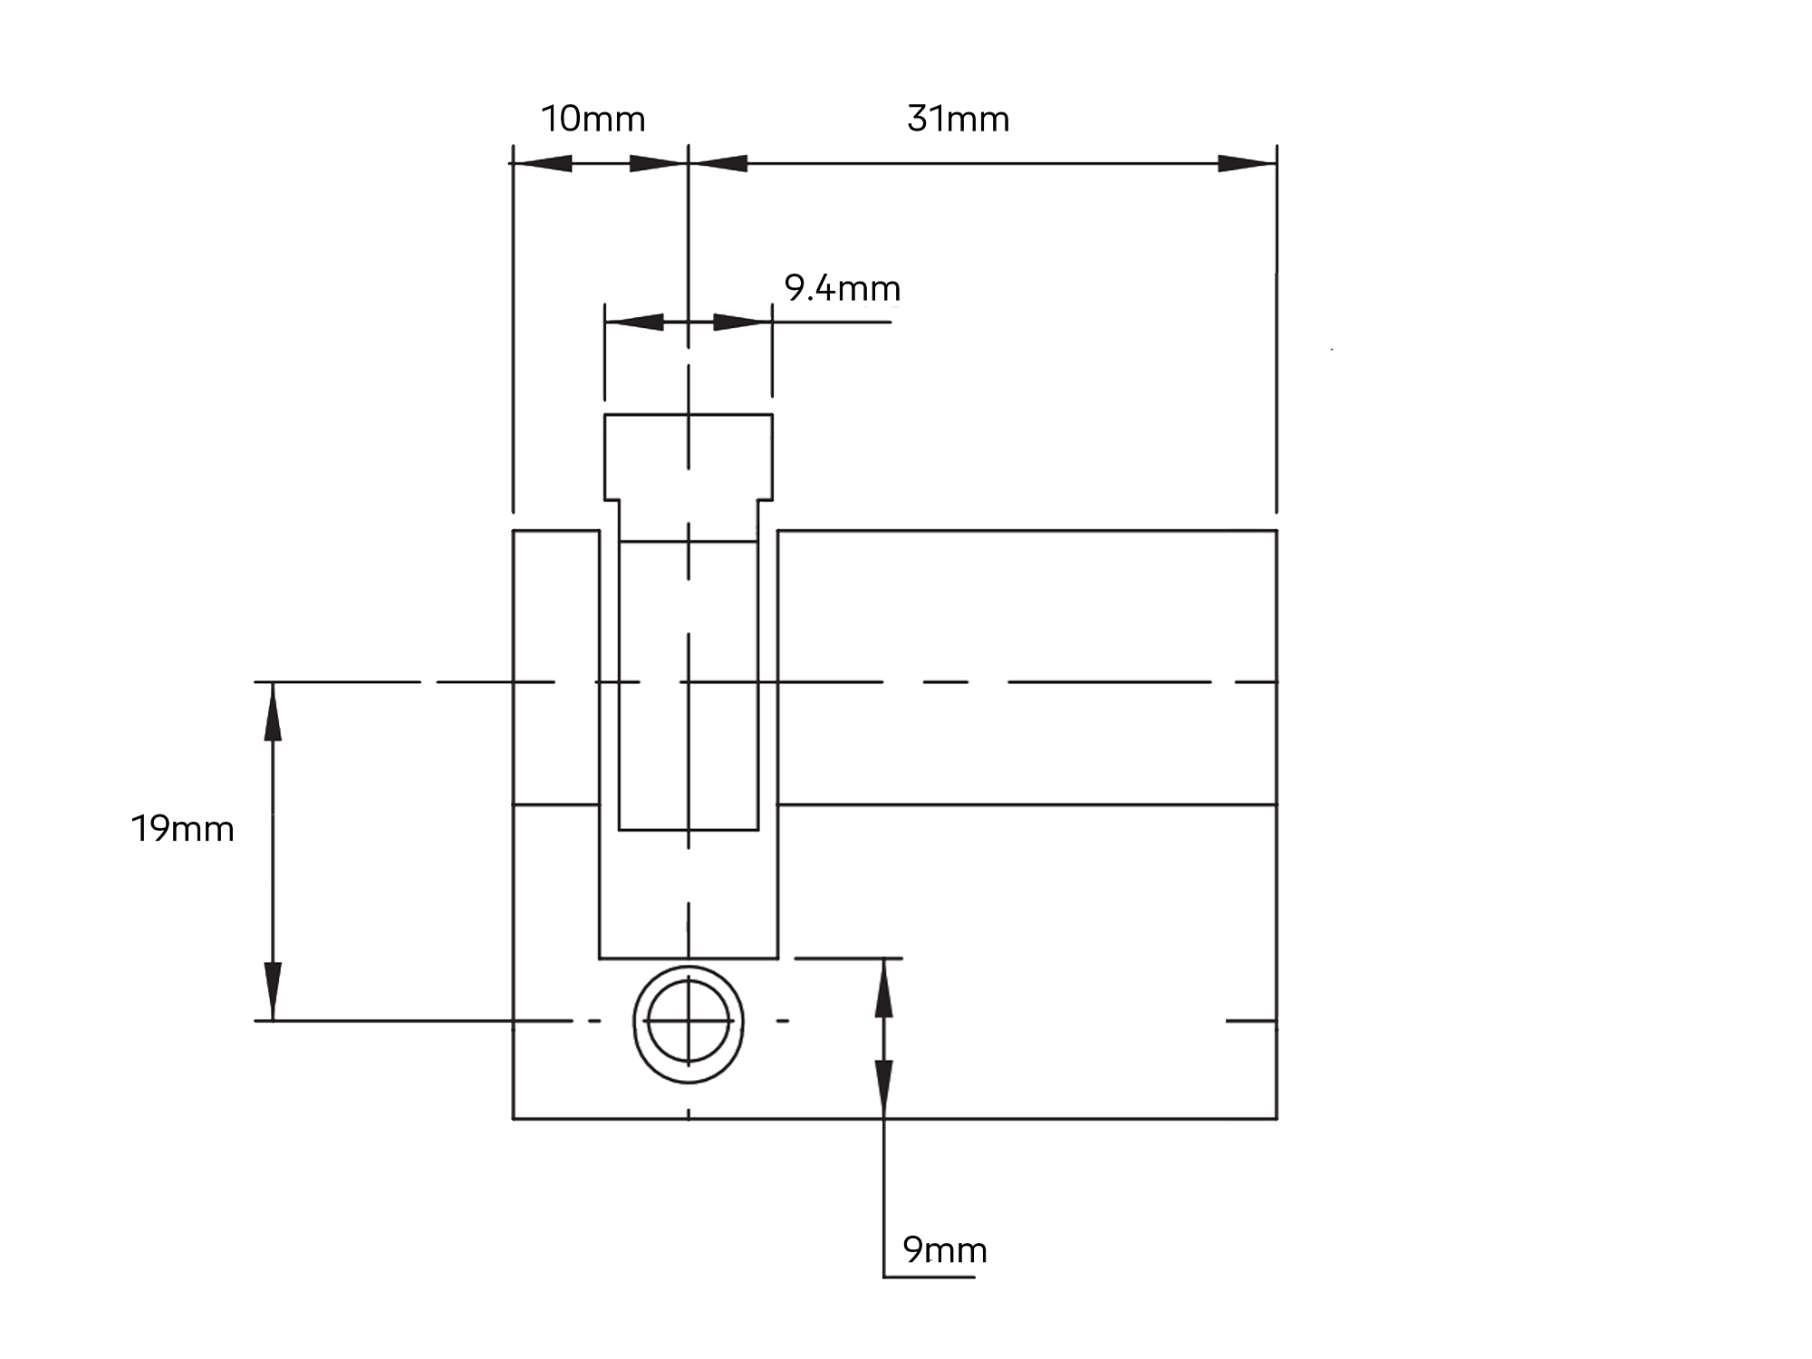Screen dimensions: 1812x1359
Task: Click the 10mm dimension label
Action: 593,119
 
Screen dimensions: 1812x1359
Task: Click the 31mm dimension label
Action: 959,119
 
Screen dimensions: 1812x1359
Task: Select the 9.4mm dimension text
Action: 843,289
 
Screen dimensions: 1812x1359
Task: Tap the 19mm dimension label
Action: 183,829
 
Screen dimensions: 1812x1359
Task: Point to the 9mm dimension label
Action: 945,1250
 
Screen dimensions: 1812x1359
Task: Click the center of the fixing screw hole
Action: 689,1021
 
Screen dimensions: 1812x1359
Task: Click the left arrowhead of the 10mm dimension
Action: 541,164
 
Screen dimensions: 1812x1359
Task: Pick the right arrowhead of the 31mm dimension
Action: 1247,164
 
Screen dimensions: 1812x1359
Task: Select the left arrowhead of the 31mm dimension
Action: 718,164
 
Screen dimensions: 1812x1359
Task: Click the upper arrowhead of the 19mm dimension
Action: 273,711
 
